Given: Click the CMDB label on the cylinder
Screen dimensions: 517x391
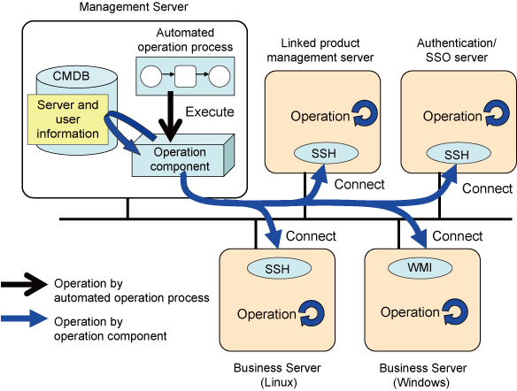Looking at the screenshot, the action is [71, 76].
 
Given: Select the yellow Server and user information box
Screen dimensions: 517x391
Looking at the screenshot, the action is [68, 119].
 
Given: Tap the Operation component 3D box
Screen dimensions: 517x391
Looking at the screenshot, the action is [183, 155].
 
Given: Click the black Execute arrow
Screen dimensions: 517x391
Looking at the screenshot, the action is [171, 116].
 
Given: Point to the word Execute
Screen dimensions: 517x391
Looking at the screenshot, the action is [210, 112].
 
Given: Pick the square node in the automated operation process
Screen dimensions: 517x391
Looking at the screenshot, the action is [185, 76].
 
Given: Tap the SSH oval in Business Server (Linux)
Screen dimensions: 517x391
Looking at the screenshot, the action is [279, 268].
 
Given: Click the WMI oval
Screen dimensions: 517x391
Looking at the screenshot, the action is [420, 267].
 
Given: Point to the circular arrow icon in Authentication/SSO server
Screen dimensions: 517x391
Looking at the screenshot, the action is [497, 113].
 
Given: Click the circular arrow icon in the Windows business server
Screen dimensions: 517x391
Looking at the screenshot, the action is [455, 312].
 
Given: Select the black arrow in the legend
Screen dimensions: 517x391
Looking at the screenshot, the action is [25, 284].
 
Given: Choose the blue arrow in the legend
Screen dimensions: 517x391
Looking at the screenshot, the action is [25, 318].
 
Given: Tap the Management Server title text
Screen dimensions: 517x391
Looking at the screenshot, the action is [134, 7].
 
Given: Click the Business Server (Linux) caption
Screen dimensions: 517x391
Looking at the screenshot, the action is [277, 375].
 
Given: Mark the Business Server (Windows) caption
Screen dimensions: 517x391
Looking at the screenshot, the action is [422, 375].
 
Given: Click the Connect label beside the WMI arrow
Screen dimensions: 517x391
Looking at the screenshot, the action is [458, 236].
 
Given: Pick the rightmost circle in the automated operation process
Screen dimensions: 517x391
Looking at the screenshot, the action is [220, 76].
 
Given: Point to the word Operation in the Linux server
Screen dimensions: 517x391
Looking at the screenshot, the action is [266, 314].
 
